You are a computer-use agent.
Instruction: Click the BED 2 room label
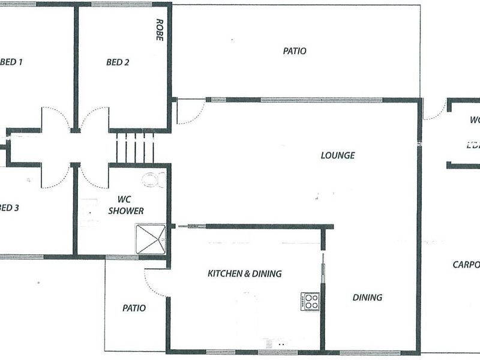[118, 62]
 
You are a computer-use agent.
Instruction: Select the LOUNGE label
[338, 155]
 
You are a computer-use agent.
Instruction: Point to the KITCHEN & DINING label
[244, 274]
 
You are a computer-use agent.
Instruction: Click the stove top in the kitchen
[310, 301]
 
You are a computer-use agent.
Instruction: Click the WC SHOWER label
[127, 205]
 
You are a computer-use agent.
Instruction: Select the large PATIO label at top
[295, 51]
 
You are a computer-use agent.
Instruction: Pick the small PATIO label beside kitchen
[134, 308]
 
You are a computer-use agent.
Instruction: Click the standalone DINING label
[367, 297]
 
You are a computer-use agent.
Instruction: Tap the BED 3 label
[9, 208]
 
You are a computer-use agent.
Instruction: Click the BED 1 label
[11, 62]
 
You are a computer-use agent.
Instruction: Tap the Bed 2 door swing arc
[95, 118]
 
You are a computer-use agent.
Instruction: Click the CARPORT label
[466, 264]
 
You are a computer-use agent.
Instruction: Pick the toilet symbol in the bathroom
[154, 178]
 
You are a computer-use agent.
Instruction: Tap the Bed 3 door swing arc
[56, 177]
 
